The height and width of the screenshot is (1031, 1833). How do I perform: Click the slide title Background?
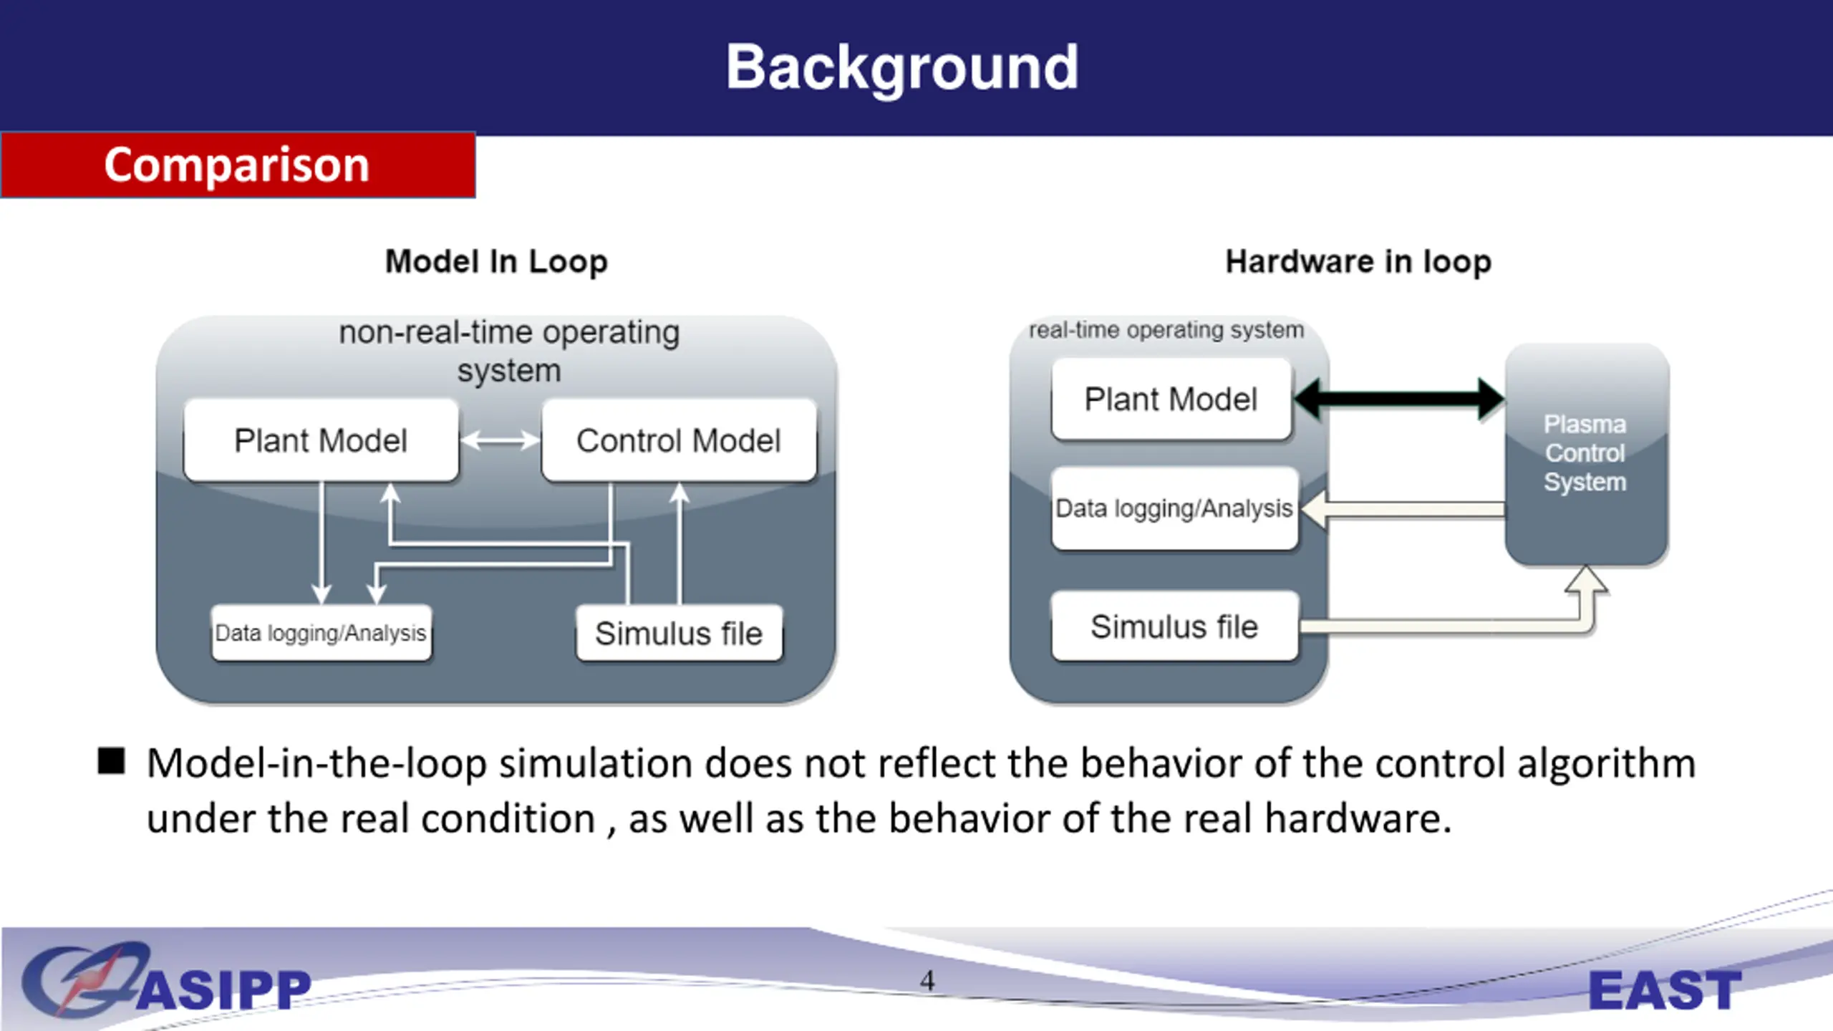point(902,68)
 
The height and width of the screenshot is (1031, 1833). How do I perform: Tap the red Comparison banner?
point(238,165)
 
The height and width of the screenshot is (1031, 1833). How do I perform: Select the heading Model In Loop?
point(496,262)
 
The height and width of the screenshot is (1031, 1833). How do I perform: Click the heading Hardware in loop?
point(1358,262)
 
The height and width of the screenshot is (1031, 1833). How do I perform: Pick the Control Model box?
point(679,440)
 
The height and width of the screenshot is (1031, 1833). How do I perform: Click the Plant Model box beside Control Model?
point(321,440)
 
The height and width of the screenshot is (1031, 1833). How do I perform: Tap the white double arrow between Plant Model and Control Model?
point(500,440)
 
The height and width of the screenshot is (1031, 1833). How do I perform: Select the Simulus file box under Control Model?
point(679,633)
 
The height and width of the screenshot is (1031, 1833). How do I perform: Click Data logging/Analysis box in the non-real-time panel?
point(321,633)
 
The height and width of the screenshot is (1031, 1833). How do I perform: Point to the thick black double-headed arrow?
point(1400,399)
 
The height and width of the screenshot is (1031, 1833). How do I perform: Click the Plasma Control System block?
point(1587,454)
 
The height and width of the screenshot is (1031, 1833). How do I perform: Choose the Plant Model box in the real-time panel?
point(1171,399)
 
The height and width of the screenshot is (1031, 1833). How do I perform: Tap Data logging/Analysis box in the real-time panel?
point(1174,508)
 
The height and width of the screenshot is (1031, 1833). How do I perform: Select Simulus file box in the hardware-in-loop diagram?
point(1174,626)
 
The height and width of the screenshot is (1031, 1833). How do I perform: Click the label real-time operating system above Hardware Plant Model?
point(1166,330)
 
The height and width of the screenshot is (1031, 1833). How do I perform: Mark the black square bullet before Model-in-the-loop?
point(111,761)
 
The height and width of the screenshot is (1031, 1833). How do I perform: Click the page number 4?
point(927,980)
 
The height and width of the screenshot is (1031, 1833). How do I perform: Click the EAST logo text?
point(1665,990)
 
